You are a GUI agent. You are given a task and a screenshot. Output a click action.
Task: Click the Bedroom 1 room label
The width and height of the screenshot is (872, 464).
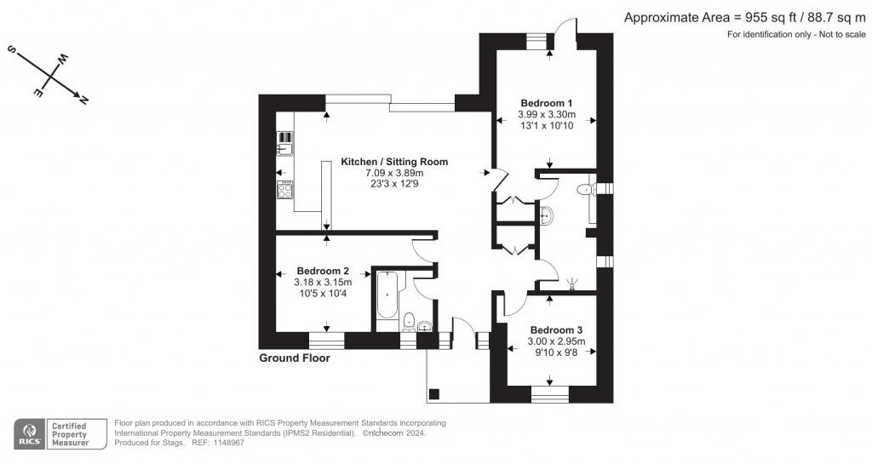[x=546, y=103]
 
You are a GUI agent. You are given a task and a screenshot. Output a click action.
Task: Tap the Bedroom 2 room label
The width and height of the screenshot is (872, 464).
[x=318, y=271]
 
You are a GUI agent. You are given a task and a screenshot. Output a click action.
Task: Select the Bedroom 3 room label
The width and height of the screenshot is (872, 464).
[x=556, y=330]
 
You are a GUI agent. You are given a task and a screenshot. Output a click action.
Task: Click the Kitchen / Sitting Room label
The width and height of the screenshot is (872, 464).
[x=394, y=162]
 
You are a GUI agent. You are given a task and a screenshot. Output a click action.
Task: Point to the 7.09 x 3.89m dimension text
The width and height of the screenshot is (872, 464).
[x=394, y=174]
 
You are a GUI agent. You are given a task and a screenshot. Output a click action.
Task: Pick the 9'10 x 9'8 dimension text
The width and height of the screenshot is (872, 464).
[x=556, y=352]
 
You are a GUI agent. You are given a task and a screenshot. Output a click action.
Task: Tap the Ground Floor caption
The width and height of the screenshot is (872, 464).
[x=294, y=358]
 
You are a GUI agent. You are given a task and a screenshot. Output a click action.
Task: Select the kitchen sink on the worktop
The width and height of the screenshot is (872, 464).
[x=284, y=150]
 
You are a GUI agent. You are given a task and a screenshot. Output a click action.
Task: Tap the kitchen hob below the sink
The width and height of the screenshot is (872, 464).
[x=284, y=189]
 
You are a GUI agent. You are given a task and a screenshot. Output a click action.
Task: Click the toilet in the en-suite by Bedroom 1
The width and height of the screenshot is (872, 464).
[x=585, y=190]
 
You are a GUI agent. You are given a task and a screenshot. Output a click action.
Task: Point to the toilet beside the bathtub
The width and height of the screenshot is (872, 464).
[x=408, y=322]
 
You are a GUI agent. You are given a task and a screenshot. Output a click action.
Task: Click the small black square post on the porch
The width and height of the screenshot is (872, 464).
[x=434, y=393]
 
